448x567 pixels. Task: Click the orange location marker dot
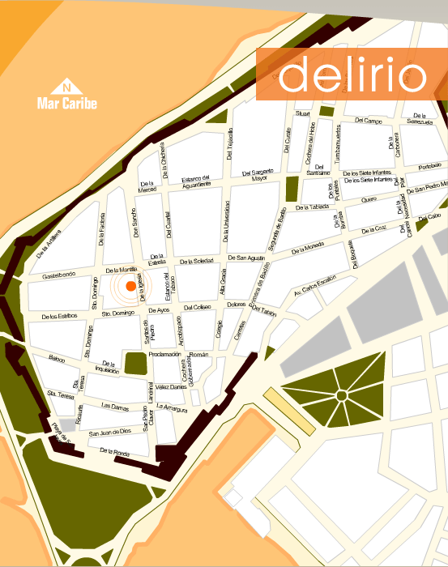[x=131, y=286]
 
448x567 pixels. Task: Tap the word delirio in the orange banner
[x=352, y=75]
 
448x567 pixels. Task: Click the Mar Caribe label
[x=66, y=104]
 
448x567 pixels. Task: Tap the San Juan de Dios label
[x=109, y=432]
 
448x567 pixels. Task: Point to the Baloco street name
[x=56, y=358]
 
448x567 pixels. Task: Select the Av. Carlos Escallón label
[x=314, y=286]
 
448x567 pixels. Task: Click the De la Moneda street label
[x=305, y=247]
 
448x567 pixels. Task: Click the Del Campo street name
[x=367, y=121]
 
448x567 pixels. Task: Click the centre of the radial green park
[x=341, y=396]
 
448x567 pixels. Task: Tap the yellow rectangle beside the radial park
[x=289, y=410]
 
